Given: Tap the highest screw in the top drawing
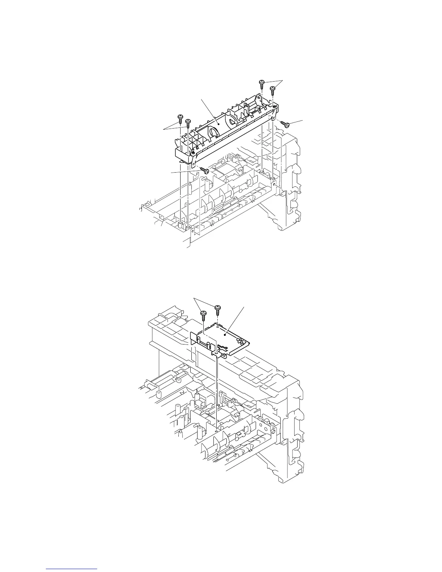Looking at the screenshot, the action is point(261,83).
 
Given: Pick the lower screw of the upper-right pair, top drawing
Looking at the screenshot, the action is point(273,88).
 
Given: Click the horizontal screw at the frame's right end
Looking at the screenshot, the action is point(286,125).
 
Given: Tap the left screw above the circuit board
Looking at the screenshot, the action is point(203,313).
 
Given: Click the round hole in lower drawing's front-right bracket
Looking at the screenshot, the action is point(273,431).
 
